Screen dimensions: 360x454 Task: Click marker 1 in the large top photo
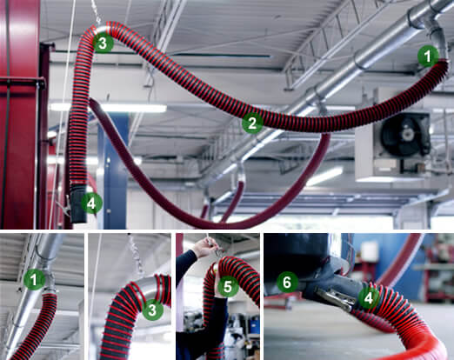click(x=426, y=57)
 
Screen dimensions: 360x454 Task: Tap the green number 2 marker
click(x=252, y=123)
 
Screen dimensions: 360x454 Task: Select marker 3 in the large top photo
click(x=103, y=42)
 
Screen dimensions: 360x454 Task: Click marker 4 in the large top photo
click(x=91, y=203)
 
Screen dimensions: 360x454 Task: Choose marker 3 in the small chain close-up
click(x=151, y=308)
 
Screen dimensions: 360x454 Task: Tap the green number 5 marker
click(x=225, y=285)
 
